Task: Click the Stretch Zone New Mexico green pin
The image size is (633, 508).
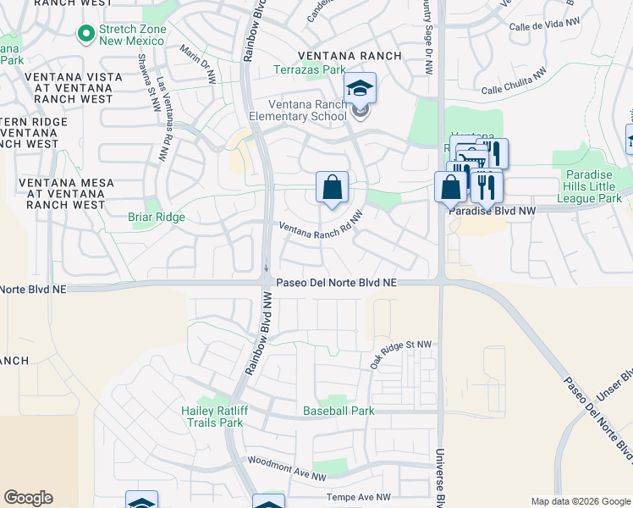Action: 85,34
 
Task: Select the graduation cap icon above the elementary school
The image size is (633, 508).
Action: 360,88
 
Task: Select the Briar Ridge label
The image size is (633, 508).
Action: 156,217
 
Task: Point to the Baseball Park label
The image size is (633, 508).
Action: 339,411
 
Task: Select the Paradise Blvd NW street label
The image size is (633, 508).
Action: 492,209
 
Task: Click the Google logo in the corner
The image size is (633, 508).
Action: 28,498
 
